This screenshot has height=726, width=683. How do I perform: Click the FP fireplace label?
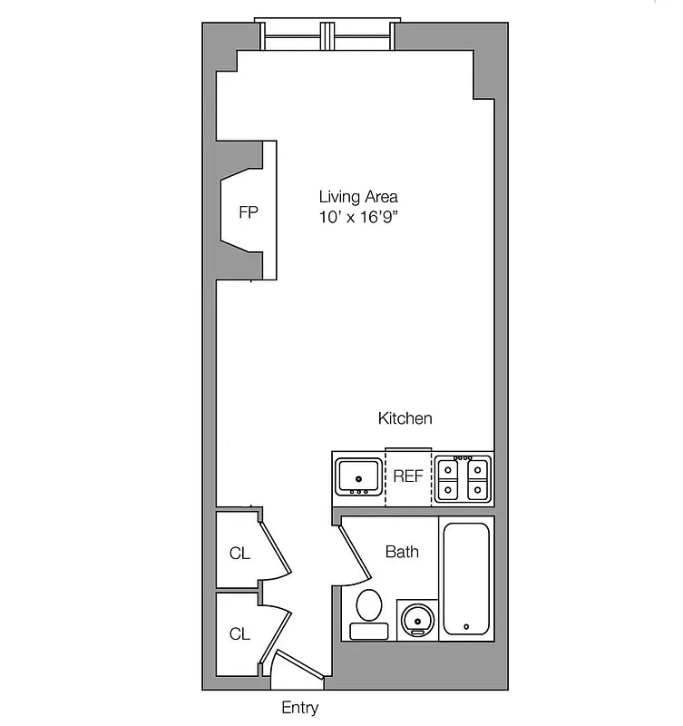pyautogui.click(x=248, y=213)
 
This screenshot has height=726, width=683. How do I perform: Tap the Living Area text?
pyautogui.click(x=357, y=196)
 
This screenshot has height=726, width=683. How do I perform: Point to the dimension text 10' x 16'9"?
pyautogui.click(x=357, y=219)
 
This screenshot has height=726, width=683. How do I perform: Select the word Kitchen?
pyautogui.click(x=405, y=418)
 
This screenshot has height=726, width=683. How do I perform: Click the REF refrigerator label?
pyautogui.click(x=408, y=476)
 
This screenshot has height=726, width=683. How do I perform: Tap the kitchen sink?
pyautogui.click(x=358, y=475)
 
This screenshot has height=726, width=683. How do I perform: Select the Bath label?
pyautogui.click(x=402, y=551)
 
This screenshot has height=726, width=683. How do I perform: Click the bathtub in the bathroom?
pyautogui.click(x=466, y=578)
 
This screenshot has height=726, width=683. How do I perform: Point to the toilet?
pyautogui.click(x=369, y=614)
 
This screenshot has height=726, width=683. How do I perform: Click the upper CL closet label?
pyautogui.click(x=239, y=554)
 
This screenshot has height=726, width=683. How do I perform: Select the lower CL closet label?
pyautogui.click(x=239, y=634)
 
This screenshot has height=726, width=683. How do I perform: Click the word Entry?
pyautogui.click(x=299, y=708)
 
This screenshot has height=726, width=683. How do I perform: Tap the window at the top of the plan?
pyautogui.click(x=327, y=34)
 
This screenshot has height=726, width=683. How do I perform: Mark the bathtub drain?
pyautogui.click(x=466, y=626)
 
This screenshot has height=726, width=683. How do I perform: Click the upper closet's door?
pyautogui.click(x=275, y=548)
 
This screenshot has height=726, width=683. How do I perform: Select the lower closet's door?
pyautogui.click(x=276, y=631)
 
